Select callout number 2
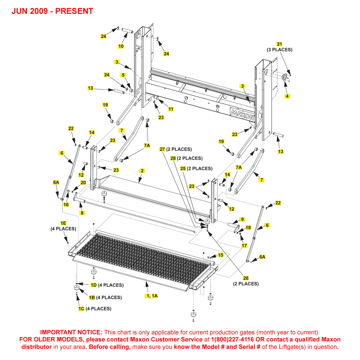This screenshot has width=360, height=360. click(x=142, y=171)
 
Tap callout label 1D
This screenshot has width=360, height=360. click(x=93, y=285)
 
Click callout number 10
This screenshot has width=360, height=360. click(x=121, y=46)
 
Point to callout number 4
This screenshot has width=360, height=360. click(x=287, y=96)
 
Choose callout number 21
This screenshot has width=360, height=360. click(x=279, y=44)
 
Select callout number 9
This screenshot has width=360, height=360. click(x=242, y=219)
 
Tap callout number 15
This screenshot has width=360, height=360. click(x=220, y=255)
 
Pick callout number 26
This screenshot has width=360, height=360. click(x=246, y=278)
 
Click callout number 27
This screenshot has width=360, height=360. click(x=162, y=149)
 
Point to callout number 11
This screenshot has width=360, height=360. click(x=171, y=109)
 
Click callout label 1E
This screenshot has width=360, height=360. click(x=63, y=223)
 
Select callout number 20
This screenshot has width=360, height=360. click(x=83, y=183)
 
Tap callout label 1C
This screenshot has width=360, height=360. click(x=81, y=309)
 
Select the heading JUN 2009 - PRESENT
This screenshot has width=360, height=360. click(x=52, y=11)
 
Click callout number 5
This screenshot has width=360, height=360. click(x=123, y=75)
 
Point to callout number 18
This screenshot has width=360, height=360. click(x=248, y=228)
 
